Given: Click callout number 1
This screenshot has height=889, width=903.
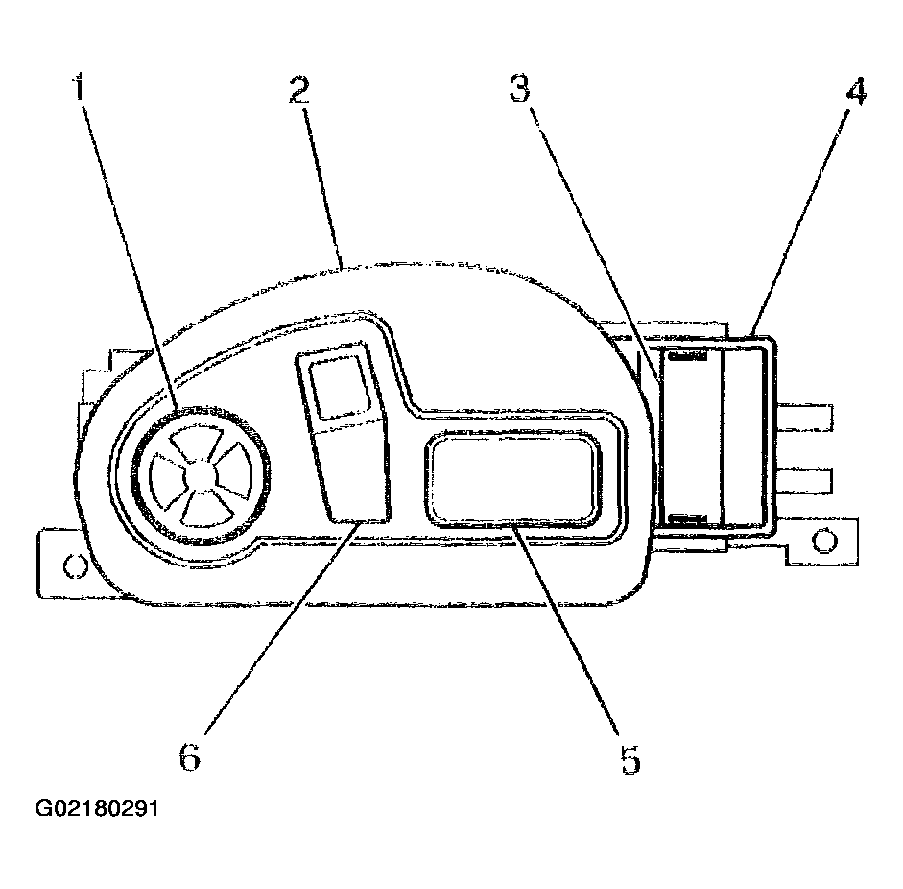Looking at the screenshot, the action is (x=79, y=86).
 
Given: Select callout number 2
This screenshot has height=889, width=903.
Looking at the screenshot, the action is (x=299, y=90).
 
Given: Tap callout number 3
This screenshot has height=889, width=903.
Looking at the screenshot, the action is (x=520, y=88).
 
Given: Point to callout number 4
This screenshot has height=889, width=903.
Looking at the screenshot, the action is (x=857, y=91).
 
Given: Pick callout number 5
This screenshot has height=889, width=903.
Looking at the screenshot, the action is (x=630, y=759).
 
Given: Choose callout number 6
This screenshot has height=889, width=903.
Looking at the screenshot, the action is (x=190, y=756).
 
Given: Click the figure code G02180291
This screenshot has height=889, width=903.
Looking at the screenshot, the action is (x=97, y=808).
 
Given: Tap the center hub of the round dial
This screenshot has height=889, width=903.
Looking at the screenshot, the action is (x=199, y=476).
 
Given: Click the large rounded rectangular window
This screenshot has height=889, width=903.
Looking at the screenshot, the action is (x=512, y=479).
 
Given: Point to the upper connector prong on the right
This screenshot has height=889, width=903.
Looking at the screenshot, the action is (x=804, y=418).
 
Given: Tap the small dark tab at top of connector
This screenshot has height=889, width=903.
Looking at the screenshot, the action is (x=686, y=356).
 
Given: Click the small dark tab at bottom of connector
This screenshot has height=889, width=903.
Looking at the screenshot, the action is (x=686, y=519).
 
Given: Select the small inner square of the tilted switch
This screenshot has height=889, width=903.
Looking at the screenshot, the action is (x=339, y=387).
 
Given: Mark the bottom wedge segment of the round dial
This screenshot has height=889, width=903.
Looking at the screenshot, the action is (x=205, y=510).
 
